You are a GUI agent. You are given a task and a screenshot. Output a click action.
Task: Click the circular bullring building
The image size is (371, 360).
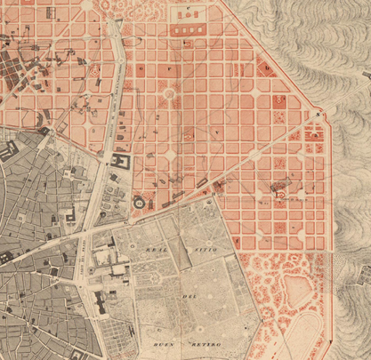pos(140,204)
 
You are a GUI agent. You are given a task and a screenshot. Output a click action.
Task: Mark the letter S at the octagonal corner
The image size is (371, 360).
pos(317,115)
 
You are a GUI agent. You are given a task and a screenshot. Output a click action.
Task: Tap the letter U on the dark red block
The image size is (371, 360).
pos(265,64)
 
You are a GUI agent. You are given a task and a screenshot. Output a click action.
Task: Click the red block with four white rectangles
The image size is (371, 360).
pos(188,30)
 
